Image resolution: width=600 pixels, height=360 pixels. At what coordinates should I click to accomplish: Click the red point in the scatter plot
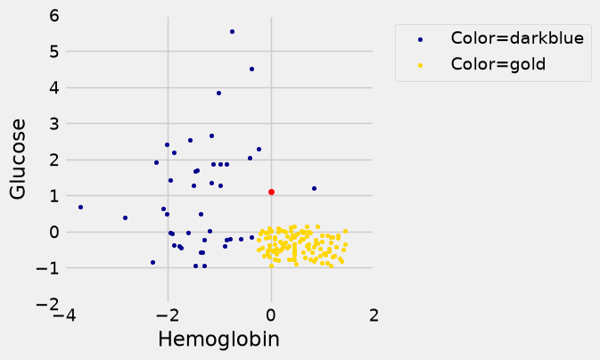pyautogui.click(x=271, y=192)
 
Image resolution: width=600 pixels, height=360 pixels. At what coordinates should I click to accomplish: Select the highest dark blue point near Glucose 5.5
pyautogui.click(x=233, y=32)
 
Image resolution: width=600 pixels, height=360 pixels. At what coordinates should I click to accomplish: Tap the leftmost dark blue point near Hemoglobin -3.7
pyautogui.click(x=81, y=208)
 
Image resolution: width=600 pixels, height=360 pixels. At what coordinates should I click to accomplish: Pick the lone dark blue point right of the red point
pyautogui.click(x=314, y=189)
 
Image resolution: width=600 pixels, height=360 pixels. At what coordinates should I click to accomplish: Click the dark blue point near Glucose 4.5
pyautogui.click(x=251, y=70)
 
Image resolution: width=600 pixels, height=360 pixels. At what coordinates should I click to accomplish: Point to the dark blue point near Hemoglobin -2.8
pyautogui.click(x=125, y=218)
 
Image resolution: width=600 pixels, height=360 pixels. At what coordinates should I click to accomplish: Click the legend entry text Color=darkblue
pyautogui.click(x=517, y=38)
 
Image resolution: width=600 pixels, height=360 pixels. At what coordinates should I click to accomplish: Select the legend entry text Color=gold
pyautogui.click(x=498, y=64)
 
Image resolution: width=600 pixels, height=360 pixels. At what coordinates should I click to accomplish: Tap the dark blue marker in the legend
pyautogui.click(x=420, y=39)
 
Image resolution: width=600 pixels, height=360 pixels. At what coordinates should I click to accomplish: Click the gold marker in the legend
pyautogui.click(x=420, y=65)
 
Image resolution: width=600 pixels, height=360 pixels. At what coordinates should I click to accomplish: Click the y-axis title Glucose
pyautogui.click(x=18, y=160)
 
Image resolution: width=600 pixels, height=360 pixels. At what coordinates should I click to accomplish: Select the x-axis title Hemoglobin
pyautogui.click(x=219, y=339)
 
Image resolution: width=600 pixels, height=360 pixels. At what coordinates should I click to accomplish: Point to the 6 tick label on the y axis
pyautogui.click(x=54, y=16)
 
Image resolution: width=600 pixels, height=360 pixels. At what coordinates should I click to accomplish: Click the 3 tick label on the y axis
pyautogui.click(x=54, y=124)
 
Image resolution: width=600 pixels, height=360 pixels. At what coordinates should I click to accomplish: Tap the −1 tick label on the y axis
pyautogui.click(x=48, y=268)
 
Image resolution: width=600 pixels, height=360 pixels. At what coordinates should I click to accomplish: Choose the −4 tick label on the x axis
pyautogui.click(x=64, y=315)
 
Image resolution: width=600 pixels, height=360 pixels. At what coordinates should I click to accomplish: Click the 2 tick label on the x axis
pyautogui.click(x=374, y=315)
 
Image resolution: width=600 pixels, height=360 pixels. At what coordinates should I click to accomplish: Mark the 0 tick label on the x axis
pyautogui.click(x=271, y=315)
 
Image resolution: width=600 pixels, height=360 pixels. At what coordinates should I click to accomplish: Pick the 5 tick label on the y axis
pyautogui.click(x=54, y=52)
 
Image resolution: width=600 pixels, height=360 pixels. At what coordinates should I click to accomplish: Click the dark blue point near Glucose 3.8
pyautogui.click(x=219, y=94)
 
